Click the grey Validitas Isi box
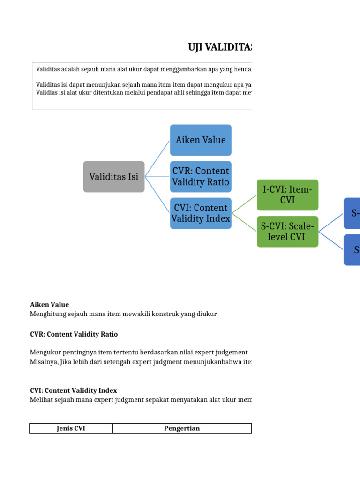pos(114,177)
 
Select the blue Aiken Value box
pos(201,140)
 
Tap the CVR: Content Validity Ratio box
pos(201,177)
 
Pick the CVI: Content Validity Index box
pos(201,213)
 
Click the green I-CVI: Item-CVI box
pos(287,195)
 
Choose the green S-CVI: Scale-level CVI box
pos(287,232)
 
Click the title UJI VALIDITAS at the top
pos(219,47)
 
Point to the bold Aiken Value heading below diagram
pos(49,305)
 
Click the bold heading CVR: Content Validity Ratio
pos(74,334)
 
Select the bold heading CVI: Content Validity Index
pos(73,390)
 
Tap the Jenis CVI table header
pos(71,428)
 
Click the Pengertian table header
pos(182,428)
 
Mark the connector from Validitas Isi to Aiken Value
pos(157,158)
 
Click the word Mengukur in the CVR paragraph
pos(44,352)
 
